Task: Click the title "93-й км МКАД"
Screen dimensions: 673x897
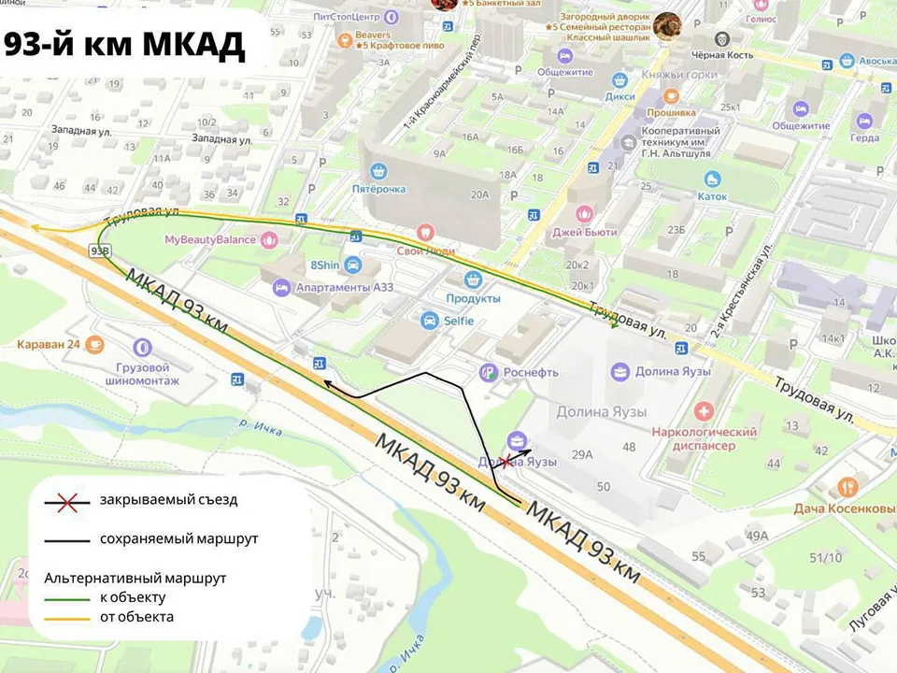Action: click(x=125, y=44)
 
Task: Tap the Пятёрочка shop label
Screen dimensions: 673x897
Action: click(x=378, y=190)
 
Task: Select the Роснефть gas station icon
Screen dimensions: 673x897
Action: click(x=488, y=372)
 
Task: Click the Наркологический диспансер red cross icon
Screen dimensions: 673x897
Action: click(x=704, y=411)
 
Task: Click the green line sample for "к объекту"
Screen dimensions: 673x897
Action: click(x=71, y=597)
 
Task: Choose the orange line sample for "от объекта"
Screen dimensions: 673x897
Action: click(x=71, y=617)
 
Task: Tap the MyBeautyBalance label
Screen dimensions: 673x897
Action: click(x=209, y=240)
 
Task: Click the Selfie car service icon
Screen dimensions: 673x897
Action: click(x=429, y=321)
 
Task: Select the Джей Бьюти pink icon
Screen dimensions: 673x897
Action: click(x=586, y=213)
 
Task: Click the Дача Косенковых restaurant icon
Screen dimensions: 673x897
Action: click(x=847, y=487)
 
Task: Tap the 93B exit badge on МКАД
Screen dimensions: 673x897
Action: click(x=101, y=251)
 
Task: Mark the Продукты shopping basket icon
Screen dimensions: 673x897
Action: click(x=474, y=279)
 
